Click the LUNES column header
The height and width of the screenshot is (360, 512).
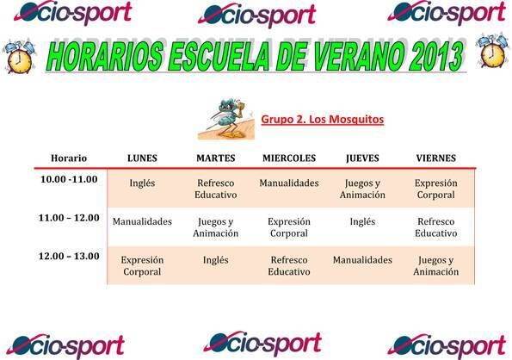pos(142,158)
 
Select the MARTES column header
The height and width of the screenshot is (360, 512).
pos(215,158)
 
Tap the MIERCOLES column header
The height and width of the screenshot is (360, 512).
pos(289,158)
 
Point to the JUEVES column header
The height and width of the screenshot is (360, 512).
pos(362,158)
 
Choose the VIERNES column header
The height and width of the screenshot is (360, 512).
pos(435,158)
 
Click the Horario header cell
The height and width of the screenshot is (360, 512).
pos(69,158)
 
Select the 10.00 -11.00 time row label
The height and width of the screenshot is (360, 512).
pos(69,180)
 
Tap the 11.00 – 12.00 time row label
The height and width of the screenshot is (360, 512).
pos(69,218)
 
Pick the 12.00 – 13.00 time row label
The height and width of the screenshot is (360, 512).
pos(69,256)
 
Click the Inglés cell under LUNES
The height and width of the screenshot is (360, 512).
pos(142,183)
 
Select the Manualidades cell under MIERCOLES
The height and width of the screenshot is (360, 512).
pos(289,183)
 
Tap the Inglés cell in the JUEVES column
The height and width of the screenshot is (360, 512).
pos(362,221)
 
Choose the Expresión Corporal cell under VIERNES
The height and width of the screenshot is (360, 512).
pos(435,189)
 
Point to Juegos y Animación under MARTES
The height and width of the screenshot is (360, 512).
pos(215,227)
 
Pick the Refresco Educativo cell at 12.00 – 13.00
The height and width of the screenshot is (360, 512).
pos(289,264)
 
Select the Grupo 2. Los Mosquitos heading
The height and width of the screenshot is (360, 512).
pos(322,119)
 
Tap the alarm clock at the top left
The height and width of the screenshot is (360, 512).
pos(19,55)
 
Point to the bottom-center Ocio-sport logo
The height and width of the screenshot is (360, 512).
pos(262,344)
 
